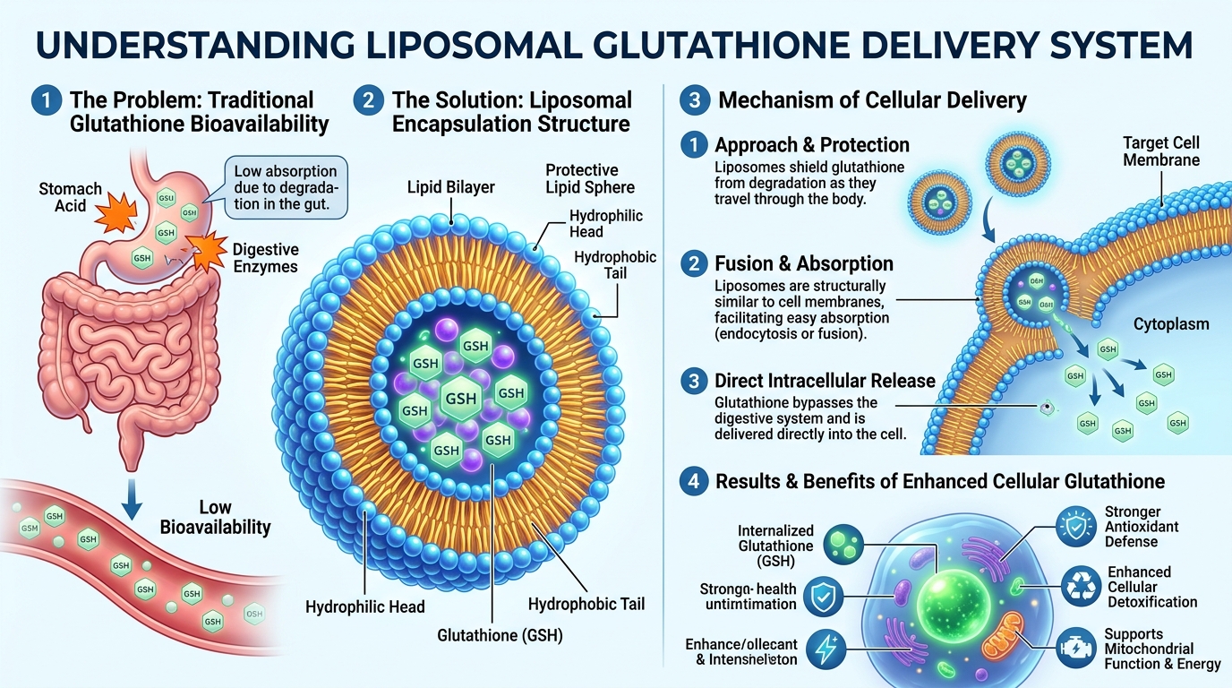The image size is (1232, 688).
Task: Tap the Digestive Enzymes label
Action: click(x=265, y=258)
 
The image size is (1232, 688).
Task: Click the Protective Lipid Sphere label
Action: click(x=590, y=178)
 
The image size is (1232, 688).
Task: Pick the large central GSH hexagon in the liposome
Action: click(x=460, y=397)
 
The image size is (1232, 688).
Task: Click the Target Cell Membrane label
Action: click(x=1160, y=152)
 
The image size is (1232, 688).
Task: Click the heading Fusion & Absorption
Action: click(x=804, y=263)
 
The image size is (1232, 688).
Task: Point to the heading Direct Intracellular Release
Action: click(x=825, y=380)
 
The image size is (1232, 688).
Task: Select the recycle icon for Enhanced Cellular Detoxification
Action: click(x=1074, y=587)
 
